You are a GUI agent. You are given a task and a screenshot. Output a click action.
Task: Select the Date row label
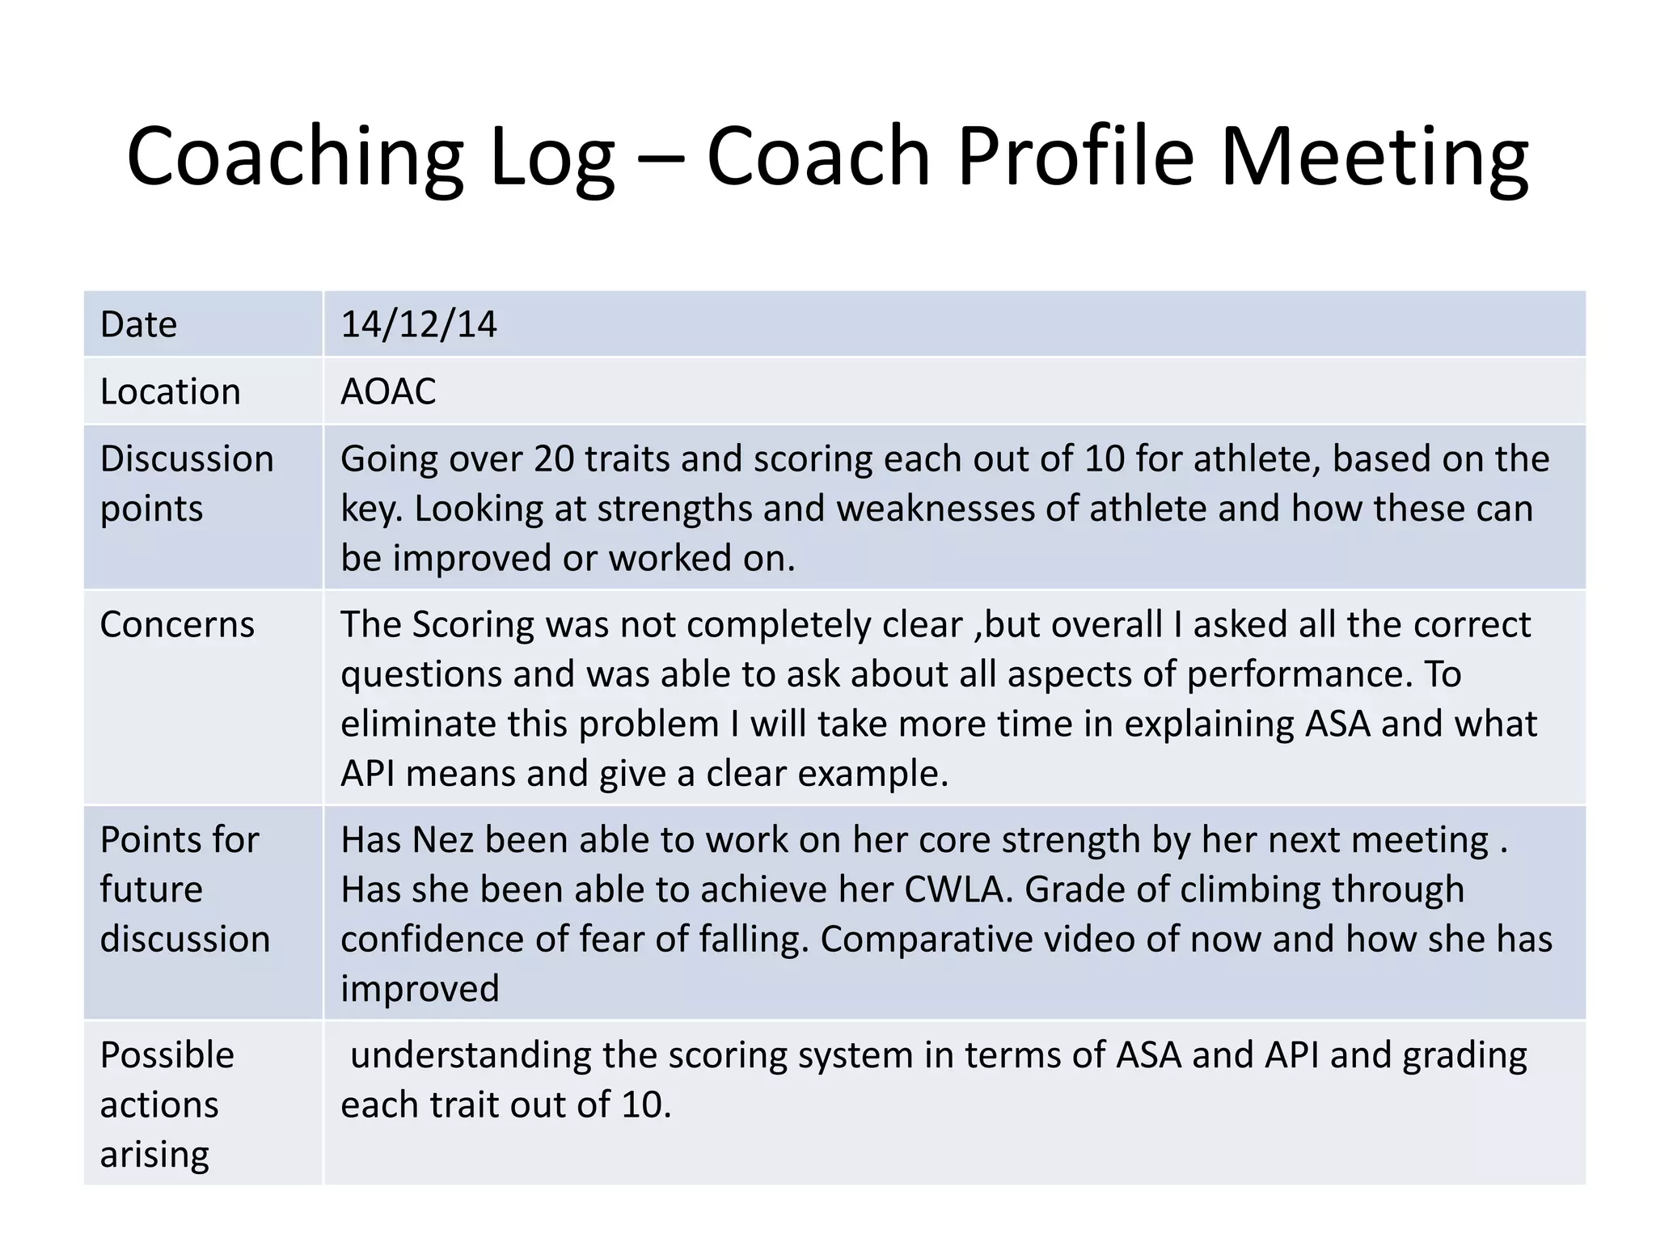(x=138, y=324)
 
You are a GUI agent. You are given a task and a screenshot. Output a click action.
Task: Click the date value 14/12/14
(x=418, y=324)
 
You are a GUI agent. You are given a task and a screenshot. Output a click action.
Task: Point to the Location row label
(x=170, y=391)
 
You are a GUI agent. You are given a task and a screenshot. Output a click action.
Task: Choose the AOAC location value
(x=388, y=391)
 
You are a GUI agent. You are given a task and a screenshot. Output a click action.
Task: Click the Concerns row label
(x=177, y=624)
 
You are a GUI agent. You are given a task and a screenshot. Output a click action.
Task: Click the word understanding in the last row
(x=470, y=1055)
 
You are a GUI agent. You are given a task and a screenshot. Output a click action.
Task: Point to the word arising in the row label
(x=154, y=1155)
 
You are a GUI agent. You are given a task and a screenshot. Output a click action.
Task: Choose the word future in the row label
(x=151, y=889)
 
